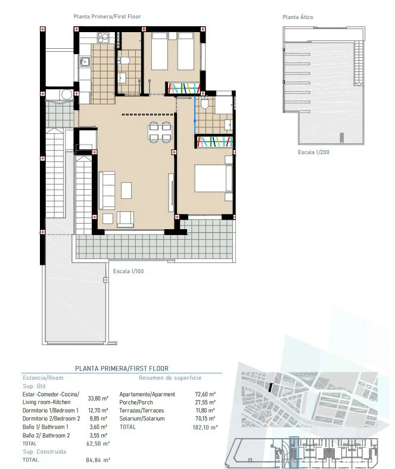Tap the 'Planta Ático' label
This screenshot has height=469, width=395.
pos(297,17)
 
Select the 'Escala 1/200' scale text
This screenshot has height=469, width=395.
pos(313,153)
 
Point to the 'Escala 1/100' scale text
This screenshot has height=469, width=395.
pos(128,271)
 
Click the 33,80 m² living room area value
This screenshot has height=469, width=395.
pos(98,399)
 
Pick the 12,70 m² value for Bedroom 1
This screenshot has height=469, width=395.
pos(98,410)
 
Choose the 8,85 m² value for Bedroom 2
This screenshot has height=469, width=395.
pos(98,418)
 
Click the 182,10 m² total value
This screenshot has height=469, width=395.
pos(206,427)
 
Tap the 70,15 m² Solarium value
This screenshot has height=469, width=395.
pos(206,418)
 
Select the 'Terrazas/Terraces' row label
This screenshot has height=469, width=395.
pos(141,410)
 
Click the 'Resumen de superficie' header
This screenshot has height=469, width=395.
pos(170,377)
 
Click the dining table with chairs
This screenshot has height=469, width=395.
pos(159,131)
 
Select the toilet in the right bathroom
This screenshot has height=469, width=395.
pos(204,105)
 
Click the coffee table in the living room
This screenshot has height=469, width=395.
pos(126,190)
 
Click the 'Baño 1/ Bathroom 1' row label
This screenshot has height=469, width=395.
pos(45,427)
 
